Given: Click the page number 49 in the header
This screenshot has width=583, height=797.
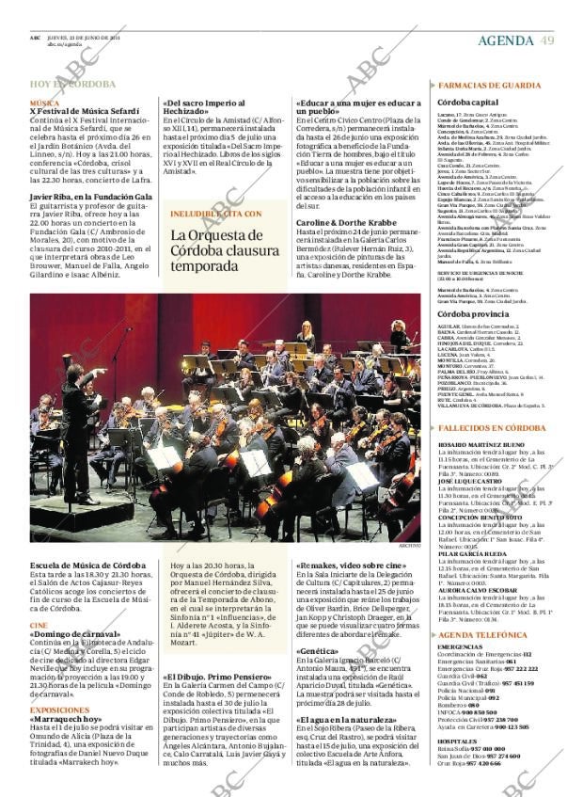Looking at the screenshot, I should (547, 40).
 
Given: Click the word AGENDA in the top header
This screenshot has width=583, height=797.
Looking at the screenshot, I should (505, 40).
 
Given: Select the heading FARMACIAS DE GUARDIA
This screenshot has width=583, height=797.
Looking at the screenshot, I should (489, 85).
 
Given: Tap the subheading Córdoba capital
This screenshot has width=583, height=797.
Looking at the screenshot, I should (468, 102).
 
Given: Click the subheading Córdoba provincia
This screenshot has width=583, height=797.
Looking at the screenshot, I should (474, 313).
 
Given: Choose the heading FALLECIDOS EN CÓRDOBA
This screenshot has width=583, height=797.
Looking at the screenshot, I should (492, 428).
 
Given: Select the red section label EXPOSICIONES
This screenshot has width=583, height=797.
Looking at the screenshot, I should (60, 709).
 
